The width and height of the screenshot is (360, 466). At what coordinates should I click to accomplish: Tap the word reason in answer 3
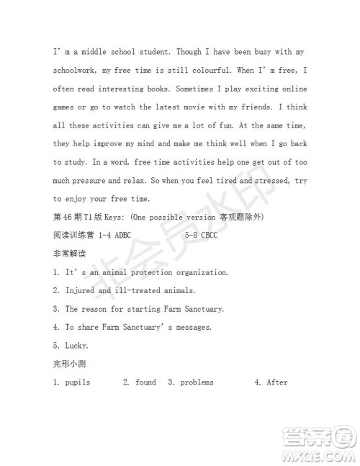100,309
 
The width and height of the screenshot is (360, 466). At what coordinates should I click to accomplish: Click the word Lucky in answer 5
77,346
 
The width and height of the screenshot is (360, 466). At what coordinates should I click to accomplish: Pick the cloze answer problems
197,382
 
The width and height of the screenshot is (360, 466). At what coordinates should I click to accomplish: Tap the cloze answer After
277,382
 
